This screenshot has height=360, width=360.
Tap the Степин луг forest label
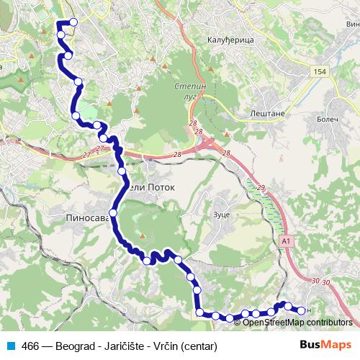point(189,91)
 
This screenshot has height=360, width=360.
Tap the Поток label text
point(161,186)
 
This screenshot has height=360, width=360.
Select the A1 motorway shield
point(287,240)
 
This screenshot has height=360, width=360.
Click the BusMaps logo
point(325,344)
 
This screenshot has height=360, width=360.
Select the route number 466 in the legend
point(30,345)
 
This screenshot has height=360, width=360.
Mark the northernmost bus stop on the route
point(73,22)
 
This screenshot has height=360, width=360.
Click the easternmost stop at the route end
point(300,310)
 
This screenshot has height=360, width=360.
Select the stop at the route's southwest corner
point(199,312)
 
